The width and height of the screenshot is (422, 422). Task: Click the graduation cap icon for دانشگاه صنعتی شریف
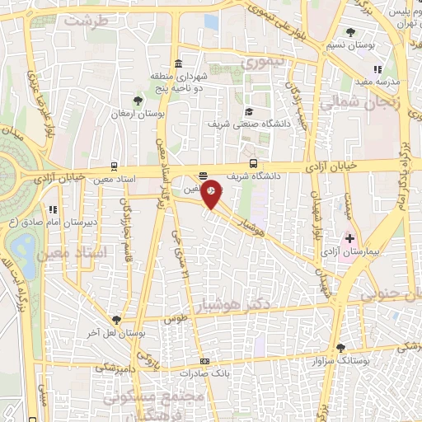[x=247, y=111]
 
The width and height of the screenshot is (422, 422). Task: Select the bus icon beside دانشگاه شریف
[x=253, y=163]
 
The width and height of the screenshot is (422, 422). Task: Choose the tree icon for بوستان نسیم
[x=353, y=32]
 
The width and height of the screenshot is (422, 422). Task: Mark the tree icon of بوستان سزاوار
[x=341, y=348]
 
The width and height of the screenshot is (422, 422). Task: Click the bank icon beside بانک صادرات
[x=204, y=361]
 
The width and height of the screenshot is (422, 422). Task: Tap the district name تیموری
[x=259, y=62]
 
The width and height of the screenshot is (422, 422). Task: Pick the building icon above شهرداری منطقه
[x=179, y=64]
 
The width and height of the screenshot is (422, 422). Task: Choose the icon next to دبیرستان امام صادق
[x=53, y=209]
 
